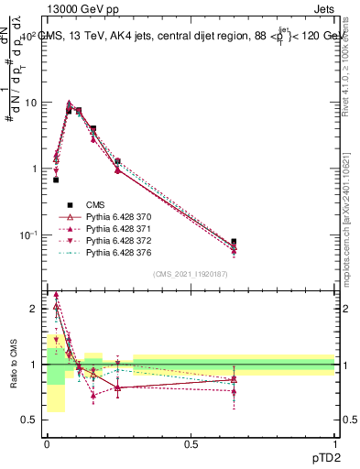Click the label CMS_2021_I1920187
190,274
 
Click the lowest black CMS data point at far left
56,180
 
